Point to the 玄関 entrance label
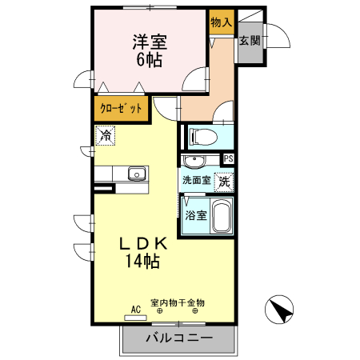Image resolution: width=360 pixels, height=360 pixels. click(248, 41)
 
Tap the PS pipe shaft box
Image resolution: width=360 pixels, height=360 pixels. click(228, 158)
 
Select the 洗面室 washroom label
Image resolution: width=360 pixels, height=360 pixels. click(196, 181)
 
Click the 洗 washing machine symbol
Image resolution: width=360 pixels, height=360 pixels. click(225, 182)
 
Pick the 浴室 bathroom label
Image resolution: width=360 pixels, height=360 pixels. click(196, 215)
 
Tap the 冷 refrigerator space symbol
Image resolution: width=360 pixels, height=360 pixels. click(105, 136)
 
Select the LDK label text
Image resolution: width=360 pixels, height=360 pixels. click(143, 243)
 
